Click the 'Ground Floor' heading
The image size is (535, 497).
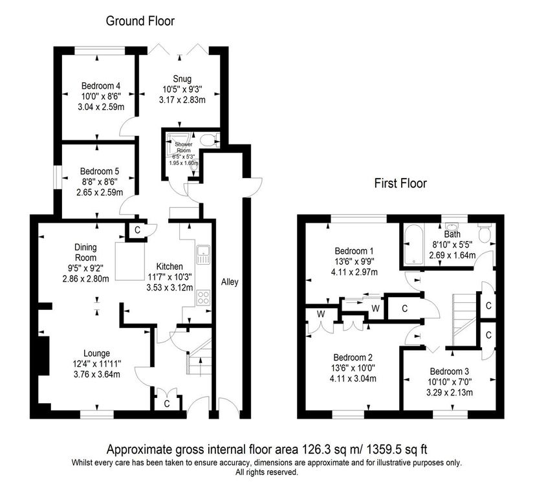coord(140,21)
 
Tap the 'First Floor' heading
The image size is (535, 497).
coord(400,183)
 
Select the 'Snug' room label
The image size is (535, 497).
coord(182,79)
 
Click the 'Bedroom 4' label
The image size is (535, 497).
coord(101,85)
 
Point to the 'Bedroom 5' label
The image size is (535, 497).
coord(100,171)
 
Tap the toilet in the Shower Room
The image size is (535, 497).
coord(208,138)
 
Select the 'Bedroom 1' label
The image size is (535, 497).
coord(354,250)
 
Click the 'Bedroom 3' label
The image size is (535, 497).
coord(450,371)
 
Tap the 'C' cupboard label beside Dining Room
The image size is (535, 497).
coord(137,230)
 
